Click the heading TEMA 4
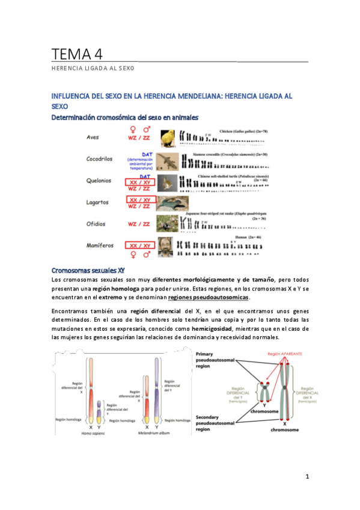(x=77, y=54)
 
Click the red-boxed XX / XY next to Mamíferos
(x=138, y=245)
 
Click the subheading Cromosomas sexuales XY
(x=88, y=270)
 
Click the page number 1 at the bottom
(x=306, y=476)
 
